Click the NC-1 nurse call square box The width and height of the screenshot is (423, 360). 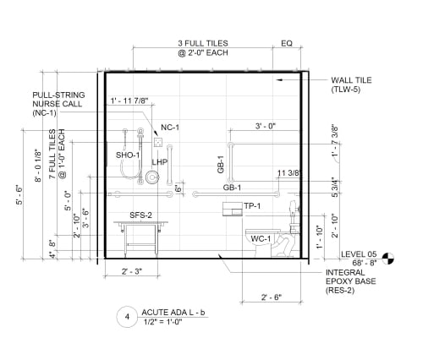pyautogui.click(x=158, y=142)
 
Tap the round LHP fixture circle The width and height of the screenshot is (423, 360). pyautogui.click(x=152, y=177)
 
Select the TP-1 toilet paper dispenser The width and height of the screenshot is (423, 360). pyautogui.click(x=233, y=209)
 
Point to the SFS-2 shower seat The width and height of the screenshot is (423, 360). pyautogui.click(x=140, y=239)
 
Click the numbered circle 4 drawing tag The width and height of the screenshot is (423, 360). pyautogui.click(x=127, y=317)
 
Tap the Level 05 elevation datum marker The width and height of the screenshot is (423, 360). pyautogui.click(x=388, y=259)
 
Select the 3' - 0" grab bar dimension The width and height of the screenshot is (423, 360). pyautogui.click(x=266, y=126)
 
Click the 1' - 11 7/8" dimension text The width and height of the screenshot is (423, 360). pyautogui.click(x=129, y=101)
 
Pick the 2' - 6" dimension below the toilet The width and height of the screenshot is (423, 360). pyautogui.click(x=272, y=297)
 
